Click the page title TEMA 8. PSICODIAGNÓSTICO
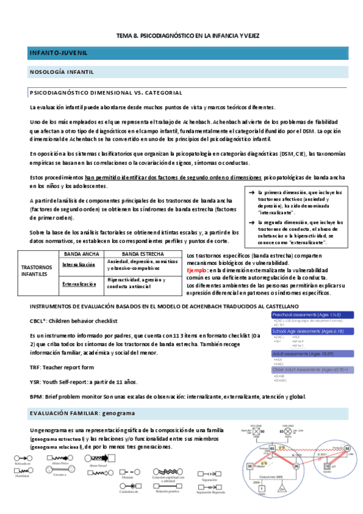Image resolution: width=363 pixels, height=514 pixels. coord(187,36)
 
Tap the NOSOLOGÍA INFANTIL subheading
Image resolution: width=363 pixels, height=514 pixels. coord(61,72)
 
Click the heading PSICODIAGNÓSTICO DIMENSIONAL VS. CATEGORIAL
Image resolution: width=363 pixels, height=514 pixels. coord(106,93)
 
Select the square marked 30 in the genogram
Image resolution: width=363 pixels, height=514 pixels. coord(249,466)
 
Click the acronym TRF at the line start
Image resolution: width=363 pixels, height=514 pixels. coord(35,367)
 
